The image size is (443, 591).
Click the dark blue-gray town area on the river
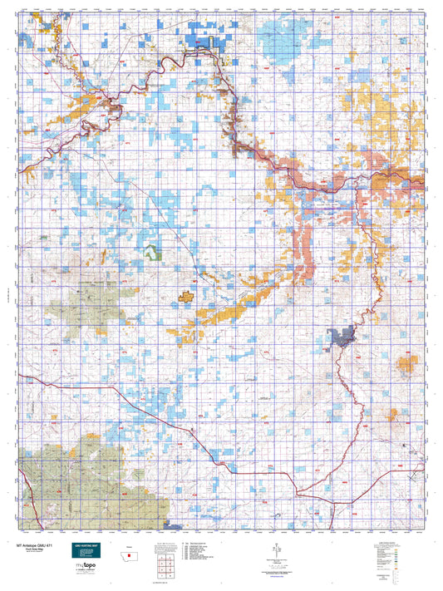pos(342,337)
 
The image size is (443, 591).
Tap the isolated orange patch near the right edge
pos(408,363)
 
